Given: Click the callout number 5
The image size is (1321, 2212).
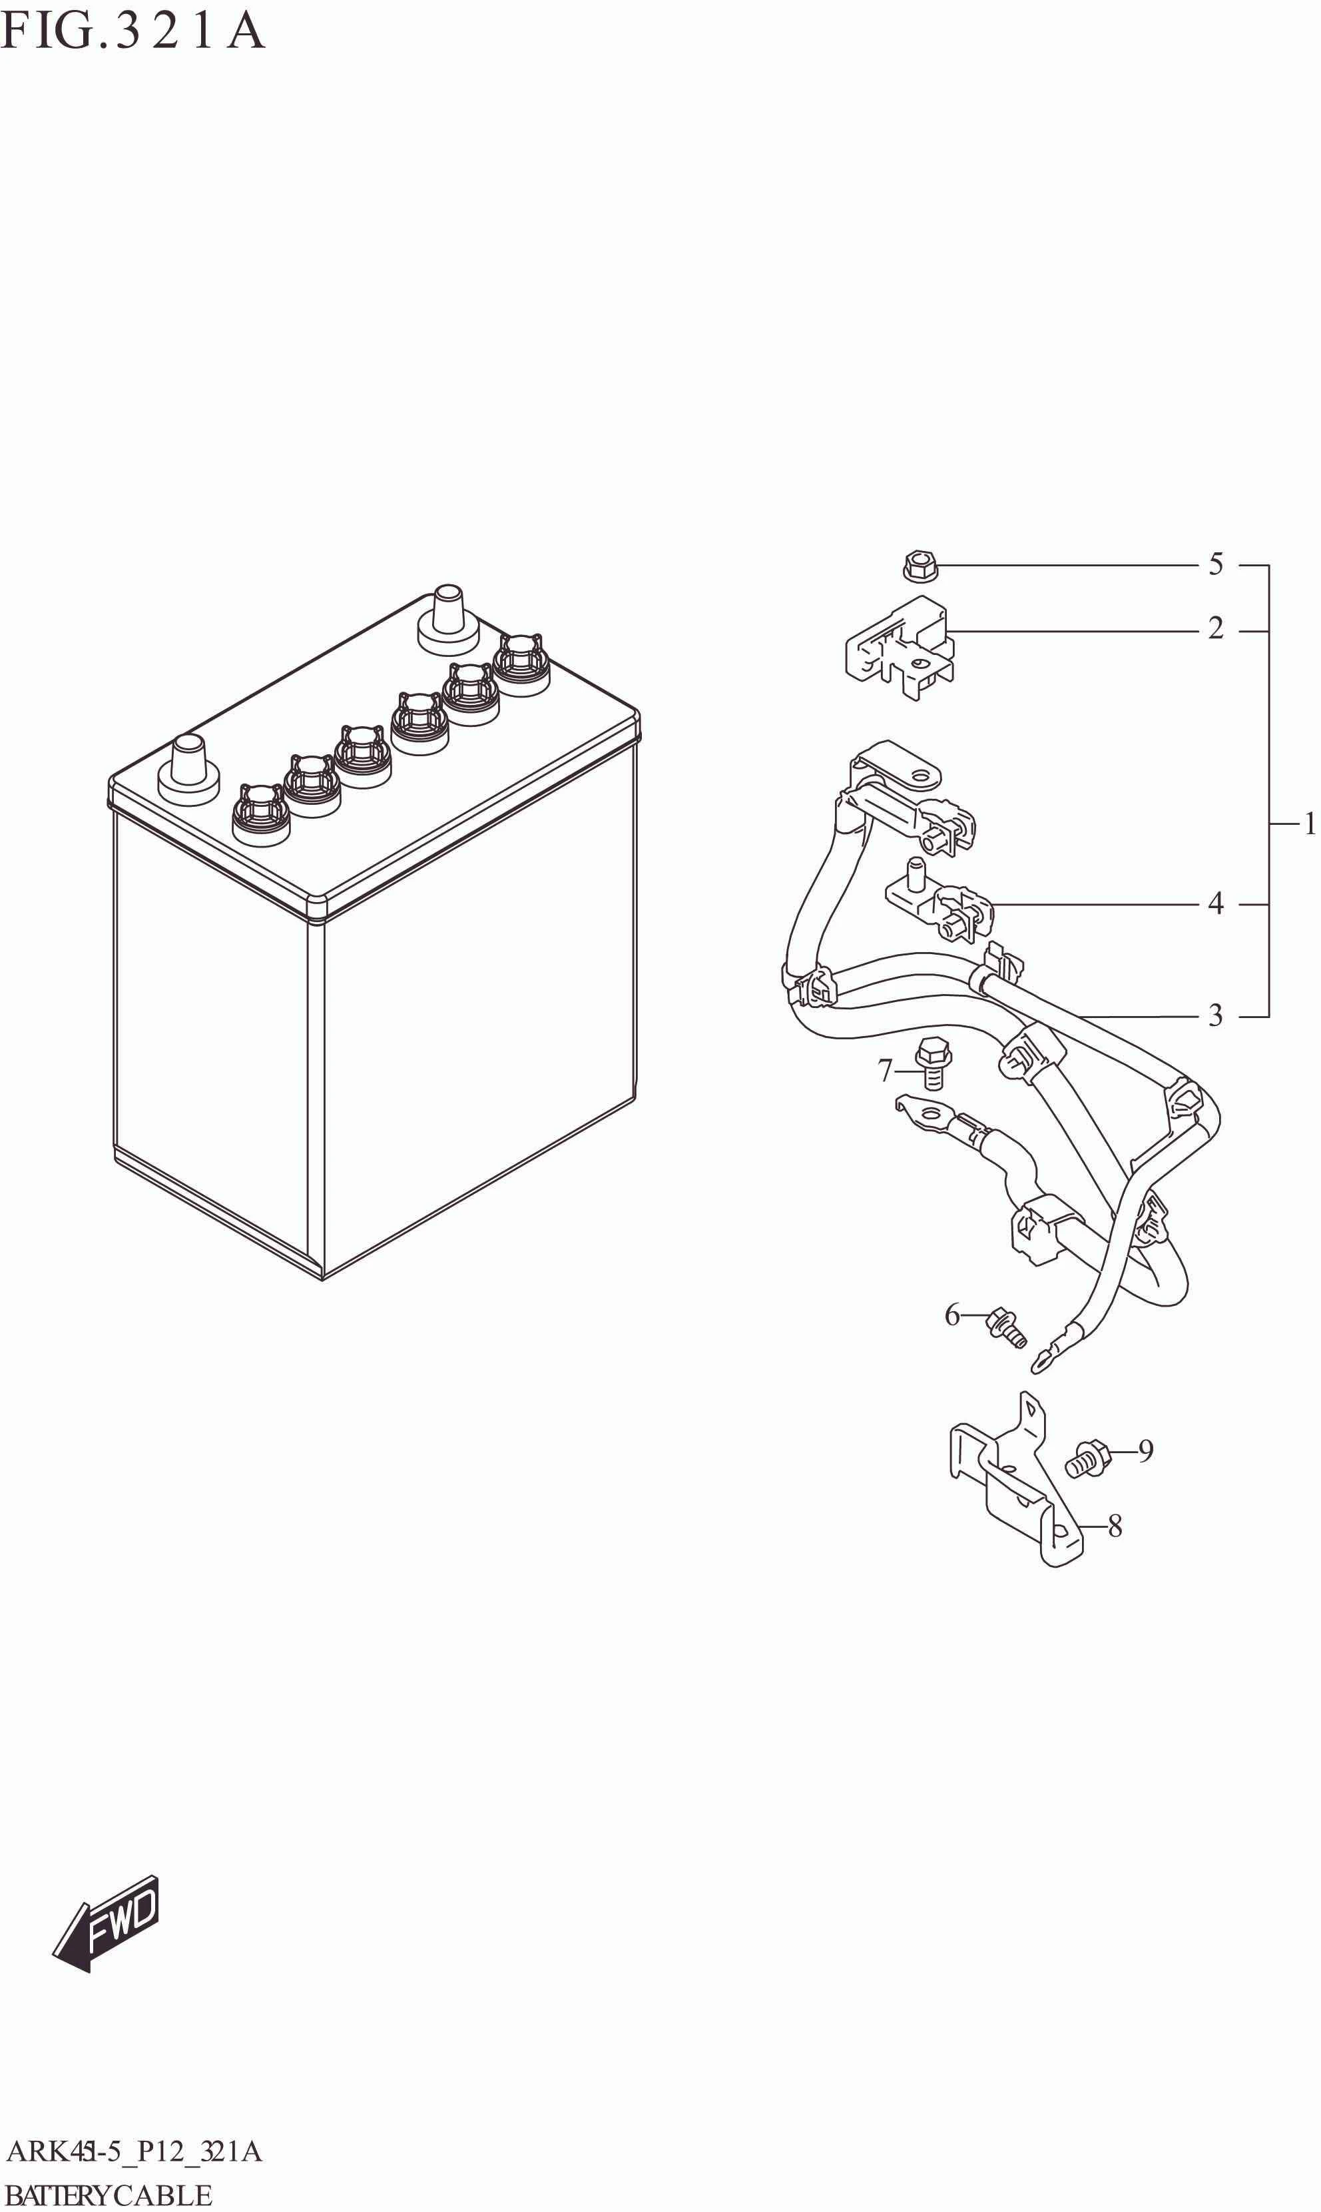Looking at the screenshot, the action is pyautogui.click(x=1215, y=564).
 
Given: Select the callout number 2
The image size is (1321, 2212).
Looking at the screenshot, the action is pyautogui.click(x=1215, y=629).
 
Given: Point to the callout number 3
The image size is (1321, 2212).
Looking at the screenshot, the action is pyautogui.click(x=1215, y=1015).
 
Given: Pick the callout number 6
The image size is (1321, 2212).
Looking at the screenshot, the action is pyautogui.click(x=953, y=1315).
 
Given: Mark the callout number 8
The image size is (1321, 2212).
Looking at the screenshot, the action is pyautogui.click(x=1115, y=1526).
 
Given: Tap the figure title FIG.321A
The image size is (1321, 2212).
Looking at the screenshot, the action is pyautogui.click(x=132, y=31).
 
